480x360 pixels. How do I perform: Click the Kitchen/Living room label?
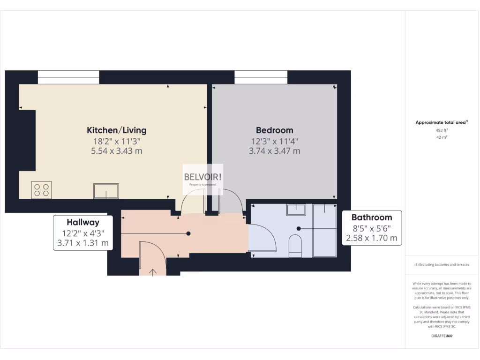pos(116,130)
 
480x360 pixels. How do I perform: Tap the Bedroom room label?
pos(274,130)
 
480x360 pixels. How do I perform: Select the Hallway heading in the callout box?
pos(82,222)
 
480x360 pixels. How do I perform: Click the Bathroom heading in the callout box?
pos(371,217)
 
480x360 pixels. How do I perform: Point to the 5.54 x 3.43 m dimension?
pos(116,151)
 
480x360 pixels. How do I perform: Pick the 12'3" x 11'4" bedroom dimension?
pos(274,141)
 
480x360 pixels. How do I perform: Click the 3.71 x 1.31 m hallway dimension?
pos(82,243)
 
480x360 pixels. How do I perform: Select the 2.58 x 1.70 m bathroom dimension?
pos(371,238)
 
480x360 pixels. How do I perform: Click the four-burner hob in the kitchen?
pos(41,189)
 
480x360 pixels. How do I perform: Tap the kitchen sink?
pos(106,191)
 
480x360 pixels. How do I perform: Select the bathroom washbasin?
pos(296,210)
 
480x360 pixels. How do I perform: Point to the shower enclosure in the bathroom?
pos(324,230)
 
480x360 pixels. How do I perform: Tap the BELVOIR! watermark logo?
pos(202,177)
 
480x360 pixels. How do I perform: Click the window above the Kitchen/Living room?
pos(68,77)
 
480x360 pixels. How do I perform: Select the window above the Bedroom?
pos(261,77)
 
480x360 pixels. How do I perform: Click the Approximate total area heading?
pos(441,122)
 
